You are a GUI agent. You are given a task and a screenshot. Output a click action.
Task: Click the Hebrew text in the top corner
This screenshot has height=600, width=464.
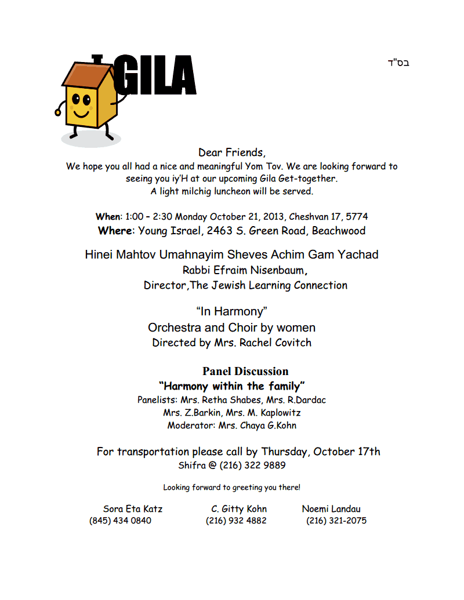pyautogui.click(x=398, y=63)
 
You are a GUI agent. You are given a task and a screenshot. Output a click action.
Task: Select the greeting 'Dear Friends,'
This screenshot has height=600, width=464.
pyautogui.click(x=232, y=153)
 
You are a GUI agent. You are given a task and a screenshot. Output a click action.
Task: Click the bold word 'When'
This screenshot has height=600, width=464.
pyautogui.click(x=108, y=217)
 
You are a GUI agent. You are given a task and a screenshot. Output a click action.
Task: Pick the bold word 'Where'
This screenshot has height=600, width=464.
pyautogui.click(x=115, y=231)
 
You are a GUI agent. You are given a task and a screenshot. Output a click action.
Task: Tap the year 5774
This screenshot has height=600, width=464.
pyautogui.click(x=356, y=217)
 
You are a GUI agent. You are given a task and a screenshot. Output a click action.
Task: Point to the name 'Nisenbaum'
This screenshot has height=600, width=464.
pyautogui.click(x=277, y=270)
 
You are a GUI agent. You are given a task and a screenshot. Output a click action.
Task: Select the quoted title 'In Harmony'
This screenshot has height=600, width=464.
pyautogui.click(x=231, y=312)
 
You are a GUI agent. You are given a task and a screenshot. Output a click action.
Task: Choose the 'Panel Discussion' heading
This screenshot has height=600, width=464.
pyautogui.click(x=245, y=372)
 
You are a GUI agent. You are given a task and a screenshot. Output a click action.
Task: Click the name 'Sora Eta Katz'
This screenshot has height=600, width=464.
pyautogui.click(x=133, y=509)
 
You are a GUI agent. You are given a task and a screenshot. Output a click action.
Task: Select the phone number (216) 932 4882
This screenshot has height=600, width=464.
pyautogui.click(x=236, y=521)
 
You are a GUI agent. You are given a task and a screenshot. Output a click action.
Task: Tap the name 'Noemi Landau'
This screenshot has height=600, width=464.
pyautogui.click(x=331, y=509)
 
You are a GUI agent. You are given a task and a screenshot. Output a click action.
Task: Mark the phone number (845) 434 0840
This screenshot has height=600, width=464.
pyautogui.click(x=120, y=521)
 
